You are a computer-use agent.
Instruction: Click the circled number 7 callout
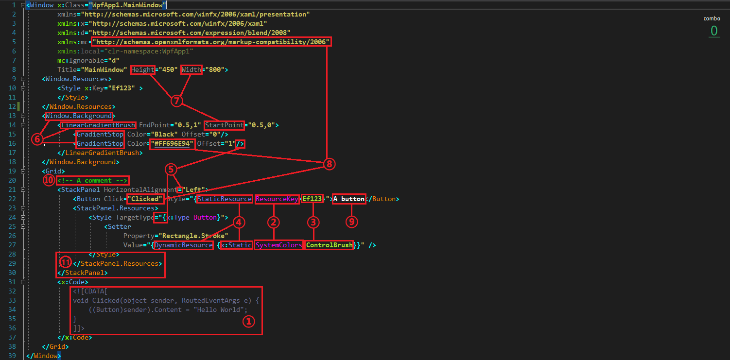(x=177, y=101)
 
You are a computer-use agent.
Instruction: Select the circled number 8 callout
(x=329, y=164)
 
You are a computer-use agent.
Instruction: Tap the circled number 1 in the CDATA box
(x=248, y=321)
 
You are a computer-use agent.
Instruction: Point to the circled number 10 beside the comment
(x=49, y=180)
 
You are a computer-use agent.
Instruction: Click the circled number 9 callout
(x=351, y=222)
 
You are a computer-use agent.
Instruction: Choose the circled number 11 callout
(x=66, y=262)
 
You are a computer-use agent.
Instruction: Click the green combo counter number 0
(x=714, y=31)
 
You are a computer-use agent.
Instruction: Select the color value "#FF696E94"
(x=173, y=144)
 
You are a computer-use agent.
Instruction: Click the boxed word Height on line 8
(x=143, y=69)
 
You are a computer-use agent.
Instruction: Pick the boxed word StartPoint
(x=225, y=125)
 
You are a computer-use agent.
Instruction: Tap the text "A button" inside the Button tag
(x=349, y=199)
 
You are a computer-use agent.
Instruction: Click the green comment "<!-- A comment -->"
(x=93, y=181)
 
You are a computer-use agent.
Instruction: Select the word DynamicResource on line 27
(x=183, y=245)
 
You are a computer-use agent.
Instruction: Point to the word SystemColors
(x=279, y=245)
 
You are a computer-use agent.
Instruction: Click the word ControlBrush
(x=330, y=245)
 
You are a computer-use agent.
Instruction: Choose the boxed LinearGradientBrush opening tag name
(x=98, y=125)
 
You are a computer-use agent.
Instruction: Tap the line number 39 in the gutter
(x=12, y=356)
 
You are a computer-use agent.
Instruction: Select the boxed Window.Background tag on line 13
(x=78, y=116)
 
